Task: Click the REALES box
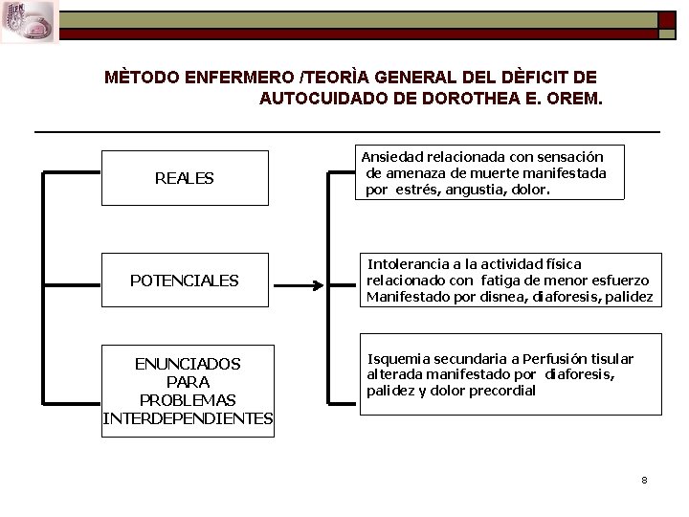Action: pos(185,178)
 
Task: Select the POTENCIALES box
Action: pos(185,281)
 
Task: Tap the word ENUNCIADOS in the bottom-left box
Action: pos(188,364)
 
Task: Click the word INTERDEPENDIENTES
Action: pos(188,418)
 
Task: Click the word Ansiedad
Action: pos(389,156)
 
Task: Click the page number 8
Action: pos(645,480)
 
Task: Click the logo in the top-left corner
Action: pos(30,22)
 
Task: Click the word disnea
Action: pos(472,297)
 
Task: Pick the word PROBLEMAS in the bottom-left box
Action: pos(188,400)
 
